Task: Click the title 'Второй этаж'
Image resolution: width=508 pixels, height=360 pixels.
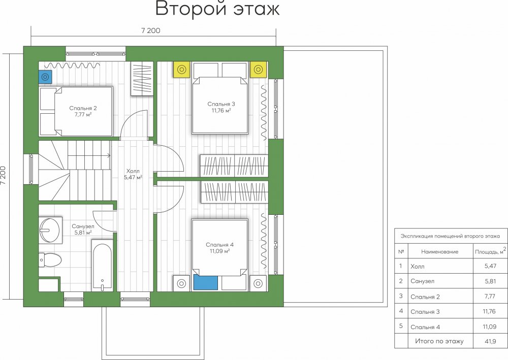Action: pos(217,9)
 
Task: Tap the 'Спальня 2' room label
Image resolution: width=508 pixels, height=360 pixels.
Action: pos(83,108)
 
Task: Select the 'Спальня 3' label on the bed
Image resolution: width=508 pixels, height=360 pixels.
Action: pos(221,104)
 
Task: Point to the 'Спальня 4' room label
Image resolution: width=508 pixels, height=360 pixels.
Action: pos(219,245)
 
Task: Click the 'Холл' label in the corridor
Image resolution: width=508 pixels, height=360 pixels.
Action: pos(133,171)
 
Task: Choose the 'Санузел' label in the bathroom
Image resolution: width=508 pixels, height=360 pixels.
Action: pos(83,226)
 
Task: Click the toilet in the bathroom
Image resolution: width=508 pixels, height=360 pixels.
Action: pos(50,260)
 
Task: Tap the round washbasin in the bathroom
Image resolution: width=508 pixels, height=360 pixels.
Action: pos(50,230)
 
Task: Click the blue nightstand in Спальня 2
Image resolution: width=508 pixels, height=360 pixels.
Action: pos(45,77)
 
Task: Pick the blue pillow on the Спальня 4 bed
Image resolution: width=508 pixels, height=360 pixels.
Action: pos(205,283)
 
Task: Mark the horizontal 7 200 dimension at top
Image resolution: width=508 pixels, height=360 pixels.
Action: pos(151,31)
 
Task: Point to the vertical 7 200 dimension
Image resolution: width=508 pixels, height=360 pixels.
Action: pos(3,176)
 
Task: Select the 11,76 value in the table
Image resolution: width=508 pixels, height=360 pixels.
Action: pos(489,311)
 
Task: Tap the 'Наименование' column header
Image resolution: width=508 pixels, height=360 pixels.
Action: pos(439,251)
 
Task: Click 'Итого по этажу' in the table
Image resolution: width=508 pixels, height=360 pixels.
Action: pos(439,341)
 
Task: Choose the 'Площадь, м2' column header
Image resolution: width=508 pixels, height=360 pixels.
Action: pos(491,251)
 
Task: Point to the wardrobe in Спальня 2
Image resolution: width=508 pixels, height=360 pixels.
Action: pos(142,79)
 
